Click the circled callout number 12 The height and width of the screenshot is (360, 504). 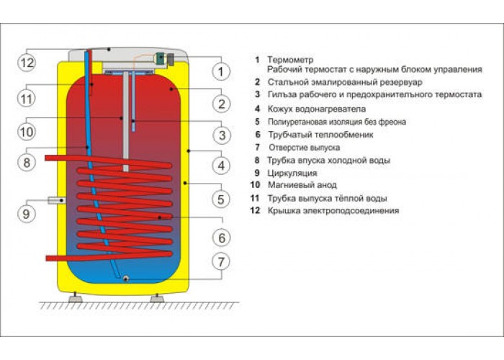(27, 62)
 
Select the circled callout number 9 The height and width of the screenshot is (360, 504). (27, 214)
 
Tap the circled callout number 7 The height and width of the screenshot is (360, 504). (221, 261)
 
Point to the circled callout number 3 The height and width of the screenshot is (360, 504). (222, 135)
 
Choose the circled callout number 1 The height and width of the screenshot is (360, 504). (221, 71)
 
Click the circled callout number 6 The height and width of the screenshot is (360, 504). (222, 238)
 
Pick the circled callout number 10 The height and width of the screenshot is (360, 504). (27, 132)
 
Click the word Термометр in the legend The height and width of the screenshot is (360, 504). (290, 60)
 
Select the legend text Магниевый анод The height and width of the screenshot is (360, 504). (302, 185)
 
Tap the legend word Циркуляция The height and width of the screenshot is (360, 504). (292, 173)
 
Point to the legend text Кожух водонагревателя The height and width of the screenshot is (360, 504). (317, 109)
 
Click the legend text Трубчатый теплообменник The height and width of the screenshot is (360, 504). (321, 135)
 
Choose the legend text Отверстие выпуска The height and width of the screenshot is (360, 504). (305, 148)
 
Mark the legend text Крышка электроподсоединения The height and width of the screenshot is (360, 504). (333, 210)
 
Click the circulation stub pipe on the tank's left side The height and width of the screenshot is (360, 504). (57, 201)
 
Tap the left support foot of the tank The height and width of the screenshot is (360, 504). (75, 297)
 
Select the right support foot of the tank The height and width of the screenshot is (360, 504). (157, 298)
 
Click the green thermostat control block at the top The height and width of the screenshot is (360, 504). (160, 58)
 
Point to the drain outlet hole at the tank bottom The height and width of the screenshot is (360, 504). (126, 279)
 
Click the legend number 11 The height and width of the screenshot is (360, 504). (255, 198)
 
